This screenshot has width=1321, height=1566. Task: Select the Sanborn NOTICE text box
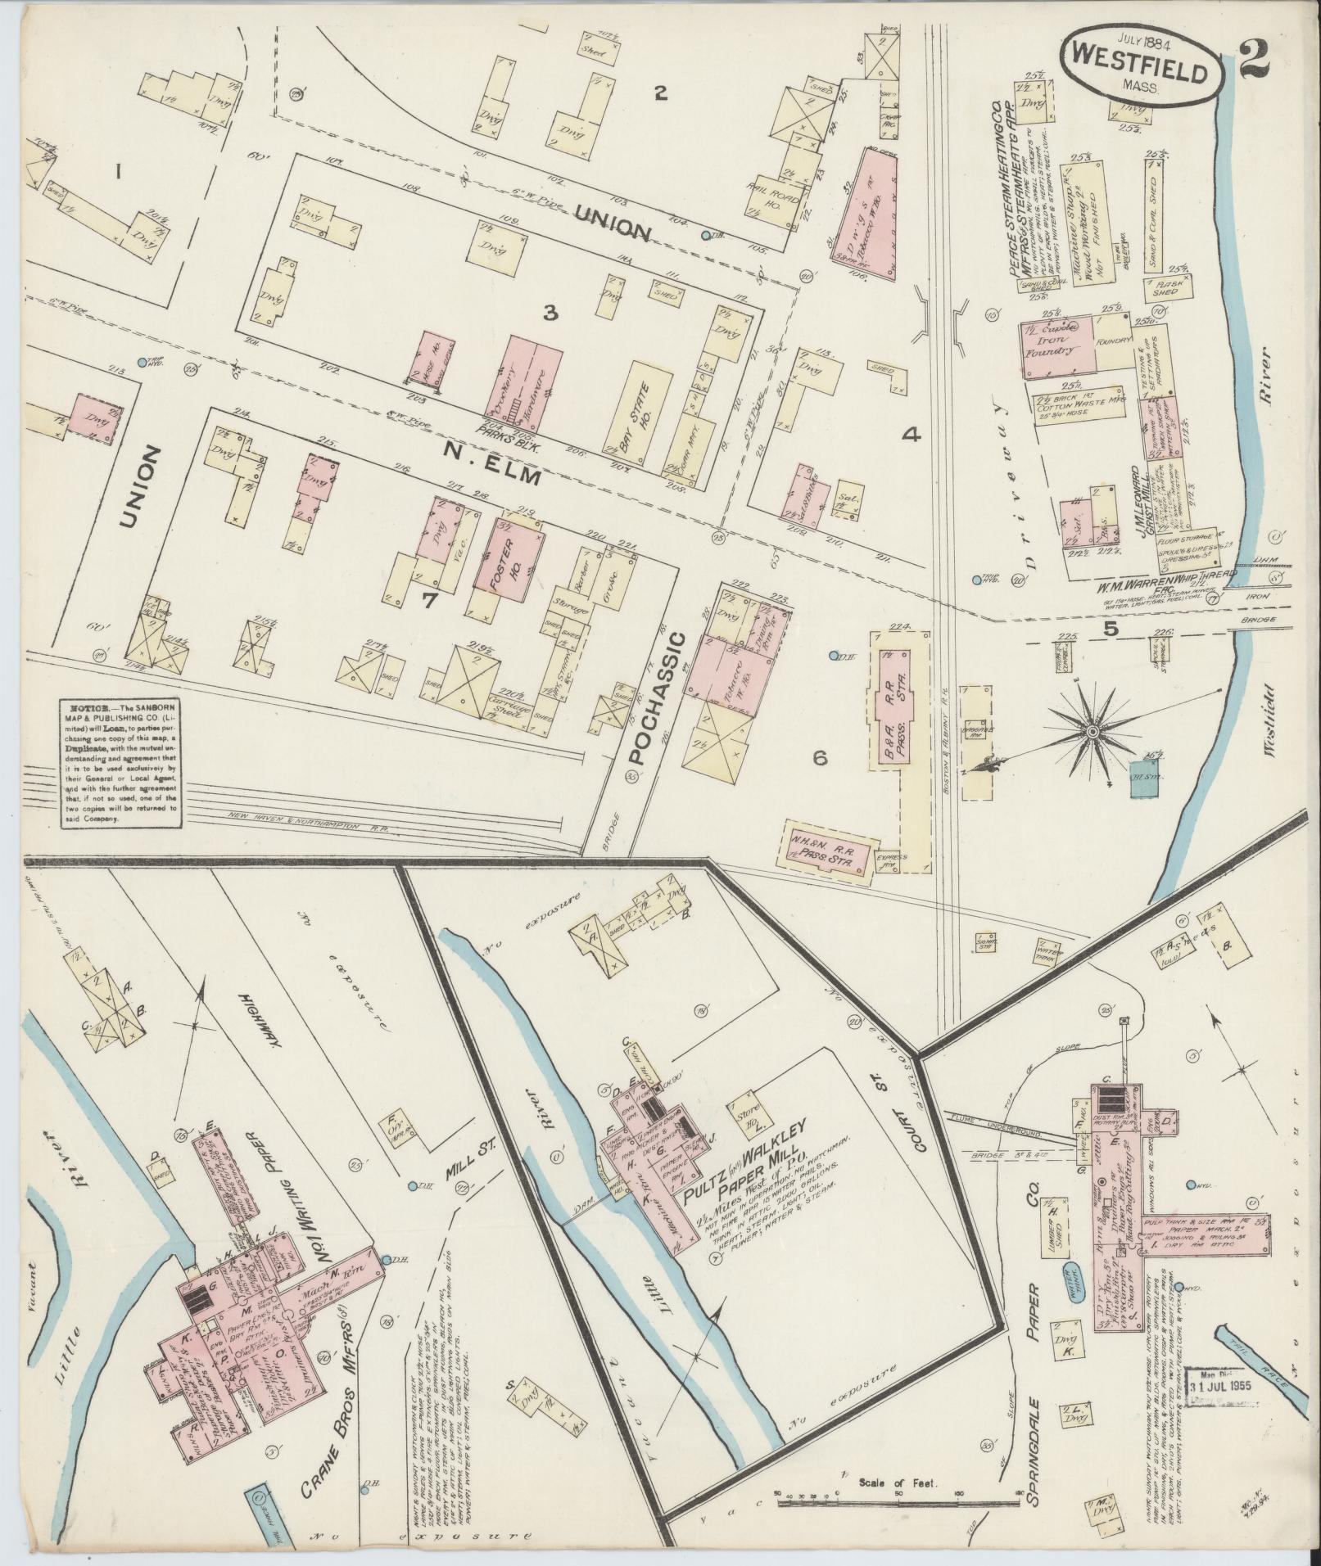pos(122,764)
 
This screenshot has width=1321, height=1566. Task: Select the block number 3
pos(550,312)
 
